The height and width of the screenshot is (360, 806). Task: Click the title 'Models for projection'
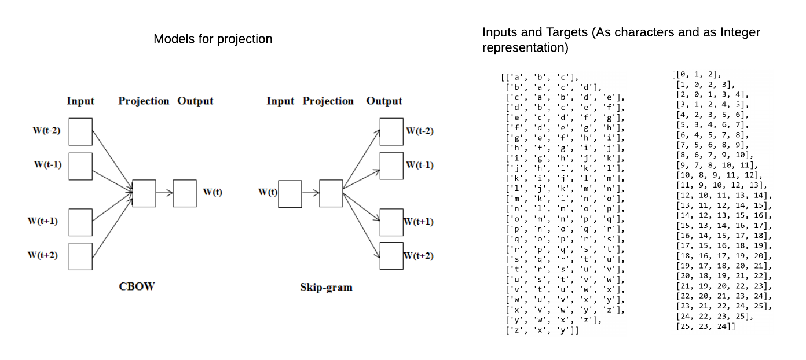[x=213, y=39]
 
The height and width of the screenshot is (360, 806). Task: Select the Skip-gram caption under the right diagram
[x=326, y=287]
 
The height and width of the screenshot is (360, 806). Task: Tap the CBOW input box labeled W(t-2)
[x=80, y=131]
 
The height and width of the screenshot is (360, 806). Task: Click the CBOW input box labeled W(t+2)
[x=80, y=256]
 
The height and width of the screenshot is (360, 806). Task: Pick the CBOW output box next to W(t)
[x=185, y=193]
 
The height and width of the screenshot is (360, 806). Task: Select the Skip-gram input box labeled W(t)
[x=290, y=193]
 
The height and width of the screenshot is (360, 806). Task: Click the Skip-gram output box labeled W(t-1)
[x=391, y=166]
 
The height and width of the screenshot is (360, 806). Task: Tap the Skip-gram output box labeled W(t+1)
[x=391, y=222]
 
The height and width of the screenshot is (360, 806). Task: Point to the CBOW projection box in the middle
[x=144, y=193]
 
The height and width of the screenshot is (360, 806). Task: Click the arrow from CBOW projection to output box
[x=164, y=193]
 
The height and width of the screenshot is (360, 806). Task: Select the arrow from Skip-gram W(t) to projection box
[x=310, y=193]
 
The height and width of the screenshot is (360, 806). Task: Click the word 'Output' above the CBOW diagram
[x=195, y=101]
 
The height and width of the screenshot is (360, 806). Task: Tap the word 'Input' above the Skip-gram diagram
[x=280, y=101]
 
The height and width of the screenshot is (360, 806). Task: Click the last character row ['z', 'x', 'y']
[x=542, y=330]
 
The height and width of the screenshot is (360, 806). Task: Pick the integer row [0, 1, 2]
[x=697, y=74]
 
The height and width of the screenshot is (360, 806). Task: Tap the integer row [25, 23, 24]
[x=705, y=327]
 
